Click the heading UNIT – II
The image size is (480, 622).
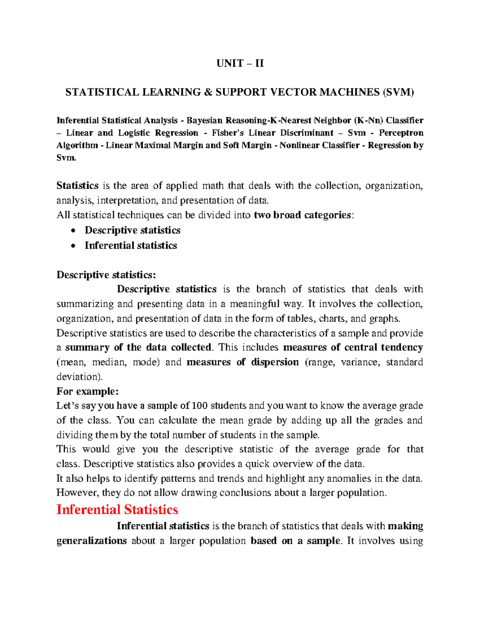pos(240,63)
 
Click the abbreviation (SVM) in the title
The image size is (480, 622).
pos(398,92)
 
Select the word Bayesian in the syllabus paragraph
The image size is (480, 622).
pos(205,121)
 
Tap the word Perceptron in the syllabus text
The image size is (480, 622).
pos(401,133)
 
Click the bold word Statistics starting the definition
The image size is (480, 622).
pos(77,185)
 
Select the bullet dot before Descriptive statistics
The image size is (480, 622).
pos(72,231)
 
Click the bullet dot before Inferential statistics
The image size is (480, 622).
pos(72,246)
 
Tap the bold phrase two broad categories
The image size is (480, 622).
pos(302,215)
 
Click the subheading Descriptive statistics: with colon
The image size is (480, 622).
pos(106,275)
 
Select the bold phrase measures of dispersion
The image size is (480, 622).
pos(242,362)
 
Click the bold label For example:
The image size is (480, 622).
pos(88,391)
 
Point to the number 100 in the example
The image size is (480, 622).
pos(200,406)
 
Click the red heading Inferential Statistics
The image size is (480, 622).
pos(117,509)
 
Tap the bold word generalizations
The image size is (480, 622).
pos(92,541)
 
